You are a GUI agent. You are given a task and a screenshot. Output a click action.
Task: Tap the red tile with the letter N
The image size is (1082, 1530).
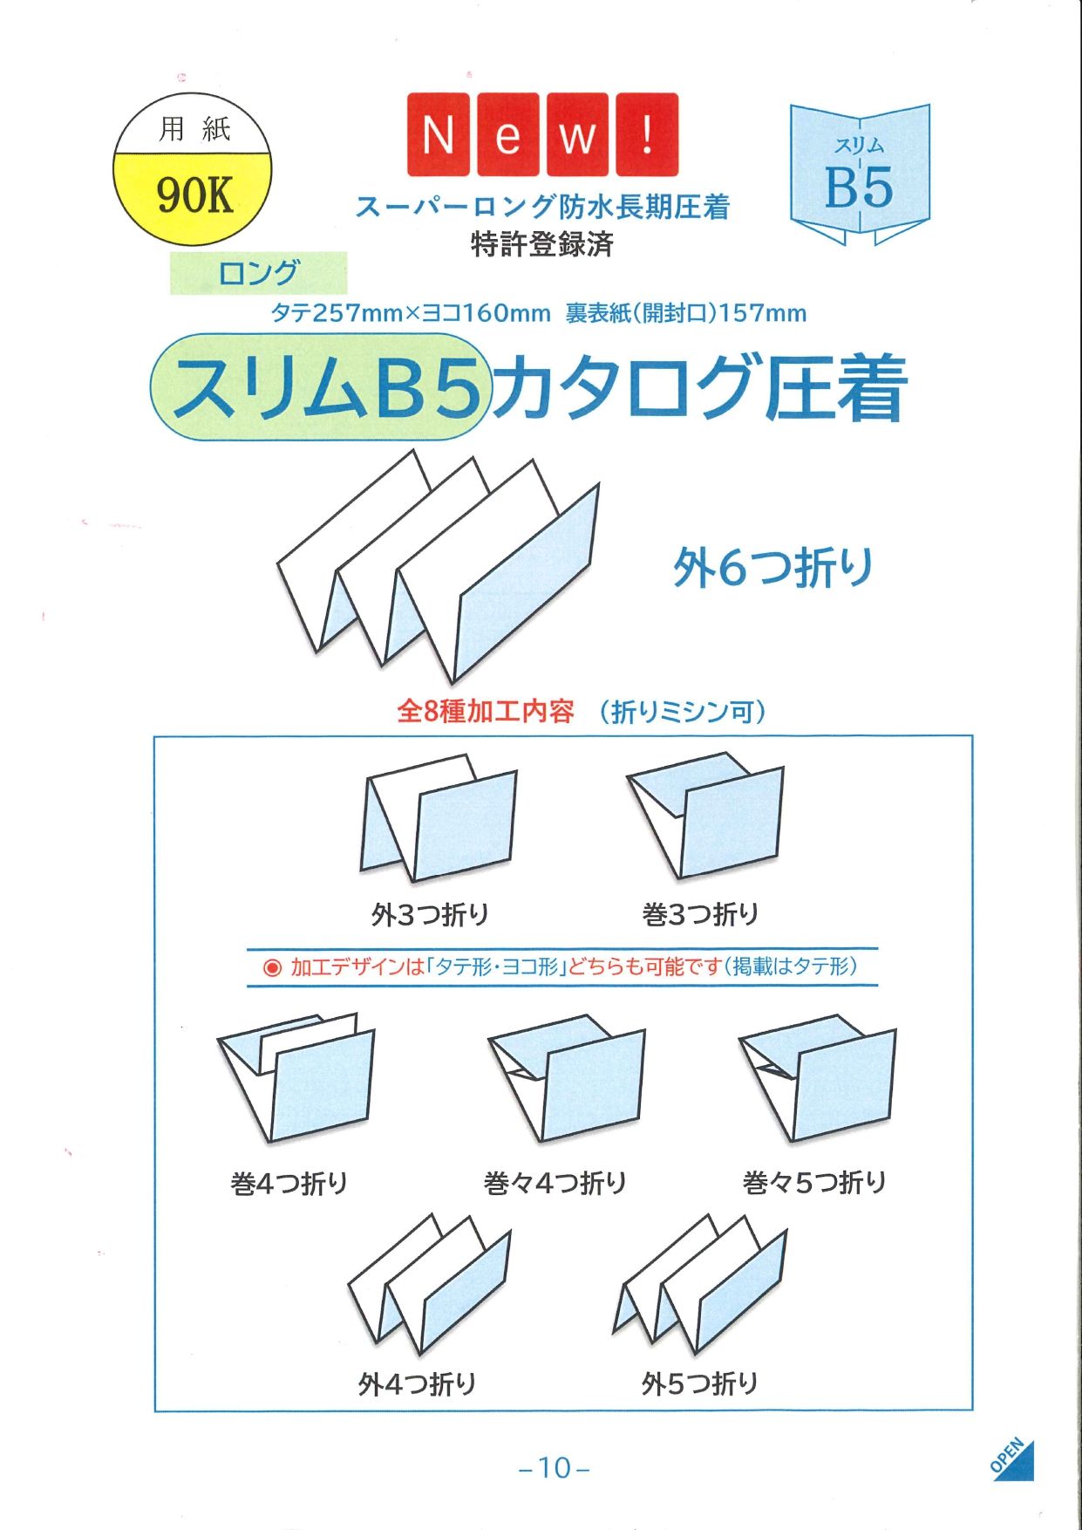439,134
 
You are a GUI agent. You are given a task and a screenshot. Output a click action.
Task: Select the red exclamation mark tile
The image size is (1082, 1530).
647,134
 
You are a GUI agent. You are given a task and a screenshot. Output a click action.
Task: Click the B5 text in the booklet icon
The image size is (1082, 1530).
859,187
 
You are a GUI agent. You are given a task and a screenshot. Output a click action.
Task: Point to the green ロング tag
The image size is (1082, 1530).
258,273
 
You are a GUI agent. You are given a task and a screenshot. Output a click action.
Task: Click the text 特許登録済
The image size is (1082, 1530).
542,243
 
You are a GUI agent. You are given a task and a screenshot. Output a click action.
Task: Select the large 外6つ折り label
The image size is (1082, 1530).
772,567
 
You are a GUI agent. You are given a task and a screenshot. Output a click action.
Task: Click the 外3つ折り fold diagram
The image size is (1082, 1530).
439,817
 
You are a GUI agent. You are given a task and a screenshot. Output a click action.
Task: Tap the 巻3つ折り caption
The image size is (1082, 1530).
700,914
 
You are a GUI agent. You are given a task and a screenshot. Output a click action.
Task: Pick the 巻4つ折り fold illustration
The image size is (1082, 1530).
296,1078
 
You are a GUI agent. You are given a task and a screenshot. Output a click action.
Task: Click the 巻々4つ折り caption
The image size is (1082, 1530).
555,1183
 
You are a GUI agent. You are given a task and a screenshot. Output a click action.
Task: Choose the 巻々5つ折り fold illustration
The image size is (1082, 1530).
817,1078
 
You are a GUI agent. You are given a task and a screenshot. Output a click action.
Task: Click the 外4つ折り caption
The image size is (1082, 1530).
418,1383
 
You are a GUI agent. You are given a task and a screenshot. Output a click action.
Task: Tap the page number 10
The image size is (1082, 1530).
554,1468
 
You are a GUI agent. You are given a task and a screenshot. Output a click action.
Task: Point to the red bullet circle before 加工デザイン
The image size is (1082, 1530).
272,967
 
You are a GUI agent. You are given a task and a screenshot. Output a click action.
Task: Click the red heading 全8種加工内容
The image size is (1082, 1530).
486,712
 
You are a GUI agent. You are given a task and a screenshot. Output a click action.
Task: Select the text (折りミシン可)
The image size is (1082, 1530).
683,712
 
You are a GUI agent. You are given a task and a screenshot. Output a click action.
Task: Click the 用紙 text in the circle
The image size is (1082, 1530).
194,129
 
